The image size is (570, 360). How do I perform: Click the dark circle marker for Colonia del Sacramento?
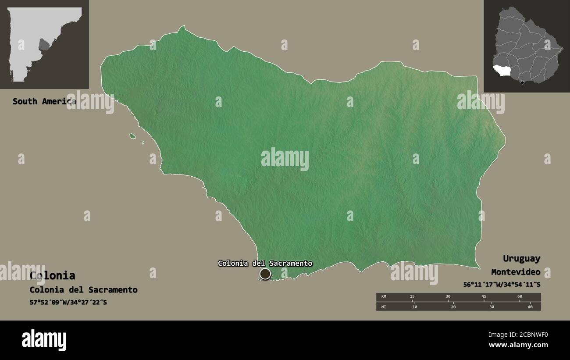pos(265,274)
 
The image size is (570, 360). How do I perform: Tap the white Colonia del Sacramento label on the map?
pos(265,263)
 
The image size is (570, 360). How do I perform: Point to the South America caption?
pos(44,101)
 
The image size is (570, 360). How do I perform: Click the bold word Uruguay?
pos(521,258)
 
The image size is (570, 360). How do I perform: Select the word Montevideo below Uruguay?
pos(516,272)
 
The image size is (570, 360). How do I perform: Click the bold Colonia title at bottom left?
pos(53,275)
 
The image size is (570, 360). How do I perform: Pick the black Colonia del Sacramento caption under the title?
pos(83,290)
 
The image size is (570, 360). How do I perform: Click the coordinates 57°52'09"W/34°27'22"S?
pos(68,303)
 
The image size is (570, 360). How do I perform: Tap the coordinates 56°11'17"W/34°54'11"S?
pos(502,284)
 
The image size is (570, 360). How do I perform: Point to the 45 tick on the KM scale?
pos(484,297)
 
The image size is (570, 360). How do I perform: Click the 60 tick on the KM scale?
pos(520,297)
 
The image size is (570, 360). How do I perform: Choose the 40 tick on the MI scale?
pos(530,307)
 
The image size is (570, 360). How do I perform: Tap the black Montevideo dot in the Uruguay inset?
pos(522,82)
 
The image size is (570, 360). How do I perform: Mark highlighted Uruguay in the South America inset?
pos(44,44)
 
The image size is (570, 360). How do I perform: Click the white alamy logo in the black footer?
pos(44,340)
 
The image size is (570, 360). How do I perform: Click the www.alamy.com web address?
pos(519,345)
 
